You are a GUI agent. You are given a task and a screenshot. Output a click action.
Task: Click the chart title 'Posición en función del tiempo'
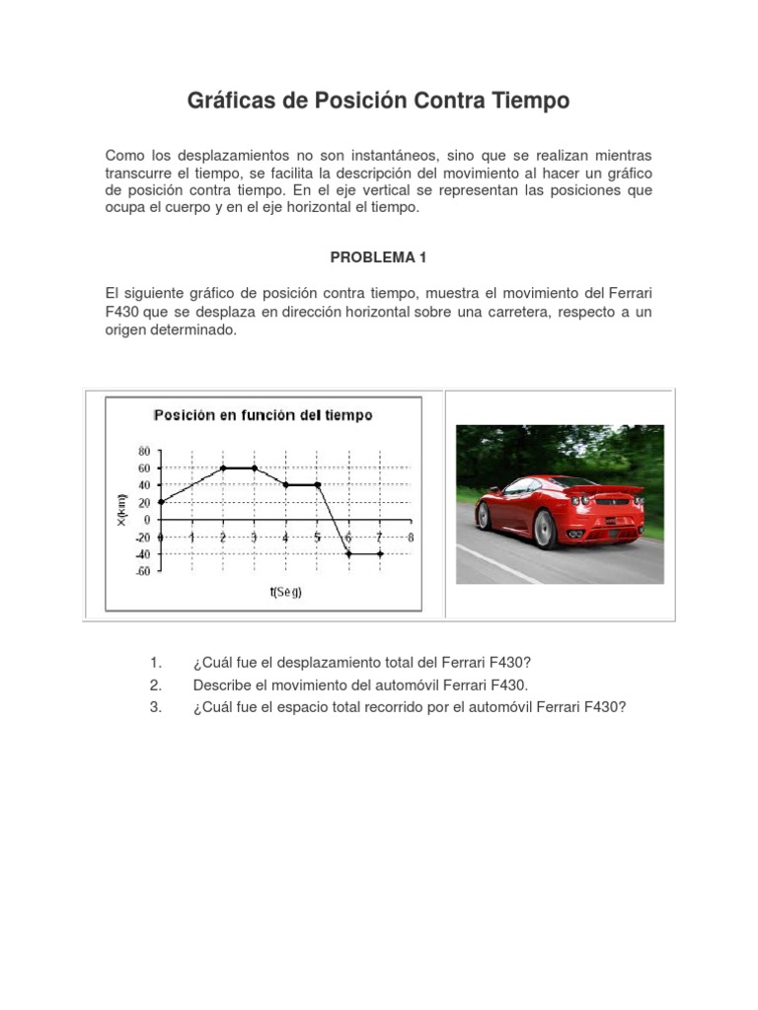263,415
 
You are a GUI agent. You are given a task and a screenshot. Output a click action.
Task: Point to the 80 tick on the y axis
144,450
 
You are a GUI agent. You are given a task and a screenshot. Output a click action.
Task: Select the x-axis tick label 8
411,537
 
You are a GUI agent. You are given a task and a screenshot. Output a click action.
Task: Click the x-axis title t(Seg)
285,592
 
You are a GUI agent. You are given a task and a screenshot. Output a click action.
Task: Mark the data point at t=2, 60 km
223,468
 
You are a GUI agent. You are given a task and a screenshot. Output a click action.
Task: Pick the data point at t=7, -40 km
380,554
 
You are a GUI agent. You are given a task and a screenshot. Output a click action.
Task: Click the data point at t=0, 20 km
160,502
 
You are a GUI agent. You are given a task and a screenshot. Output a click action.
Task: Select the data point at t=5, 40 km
317,484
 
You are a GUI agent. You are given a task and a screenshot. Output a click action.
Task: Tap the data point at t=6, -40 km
348,554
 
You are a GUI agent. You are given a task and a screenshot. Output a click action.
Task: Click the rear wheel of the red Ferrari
545,530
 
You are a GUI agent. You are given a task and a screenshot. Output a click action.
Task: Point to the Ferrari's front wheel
484,515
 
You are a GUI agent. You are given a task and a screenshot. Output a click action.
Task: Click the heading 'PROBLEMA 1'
378,257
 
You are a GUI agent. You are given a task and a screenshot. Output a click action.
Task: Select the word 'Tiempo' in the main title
528,101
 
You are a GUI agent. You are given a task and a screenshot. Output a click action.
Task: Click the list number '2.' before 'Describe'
155,684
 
